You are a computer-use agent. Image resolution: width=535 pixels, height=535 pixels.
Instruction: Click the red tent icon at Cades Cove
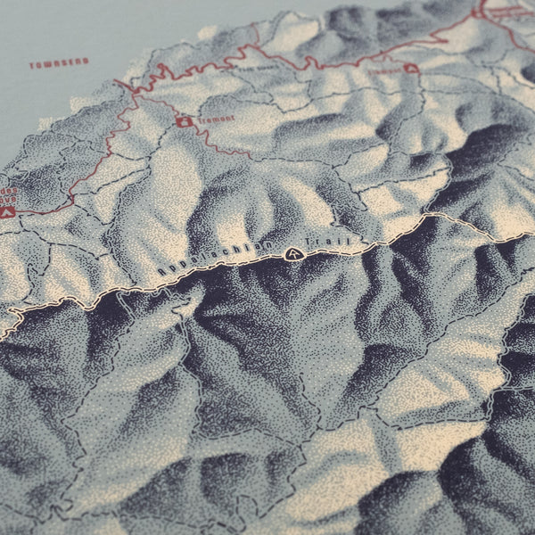click(x=8, y=212)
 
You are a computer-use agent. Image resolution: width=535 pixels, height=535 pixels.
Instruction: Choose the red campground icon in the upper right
click(x=411, y=68)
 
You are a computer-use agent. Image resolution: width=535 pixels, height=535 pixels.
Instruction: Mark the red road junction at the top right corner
click(x=479, y=12)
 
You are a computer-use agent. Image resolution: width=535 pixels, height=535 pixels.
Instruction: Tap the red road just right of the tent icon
click(x=40, y=210)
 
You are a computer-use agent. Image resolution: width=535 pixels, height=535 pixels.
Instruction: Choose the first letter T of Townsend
click(x=32, y=65)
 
